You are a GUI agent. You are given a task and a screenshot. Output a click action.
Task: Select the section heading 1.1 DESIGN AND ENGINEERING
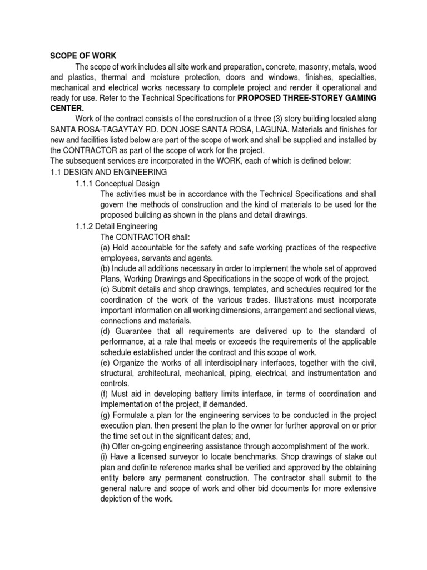[108, 172]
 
